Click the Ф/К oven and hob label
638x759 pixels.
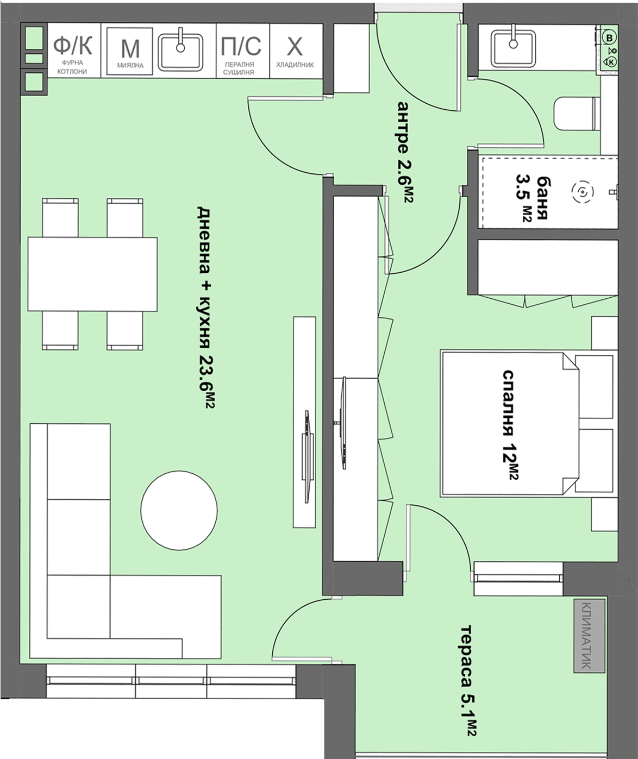72,45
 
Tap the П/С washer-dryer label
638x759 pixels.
241,46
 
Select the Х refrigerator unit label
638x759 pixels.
295,47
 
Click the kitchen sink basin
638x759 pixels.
180,52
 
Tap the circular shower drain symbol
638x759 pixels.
583,192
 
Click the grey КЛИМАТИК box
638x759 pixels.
589,636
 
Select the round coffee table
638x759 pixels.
179,510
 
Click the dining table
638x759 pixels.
93,274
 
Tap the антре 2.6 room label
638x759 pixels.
405,152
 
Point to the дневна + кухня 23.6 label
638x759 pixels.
205,307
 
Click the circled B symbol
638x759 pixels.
610,38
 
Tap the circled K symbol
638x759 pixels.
611,62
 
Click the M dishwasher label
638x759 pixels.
130,49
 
